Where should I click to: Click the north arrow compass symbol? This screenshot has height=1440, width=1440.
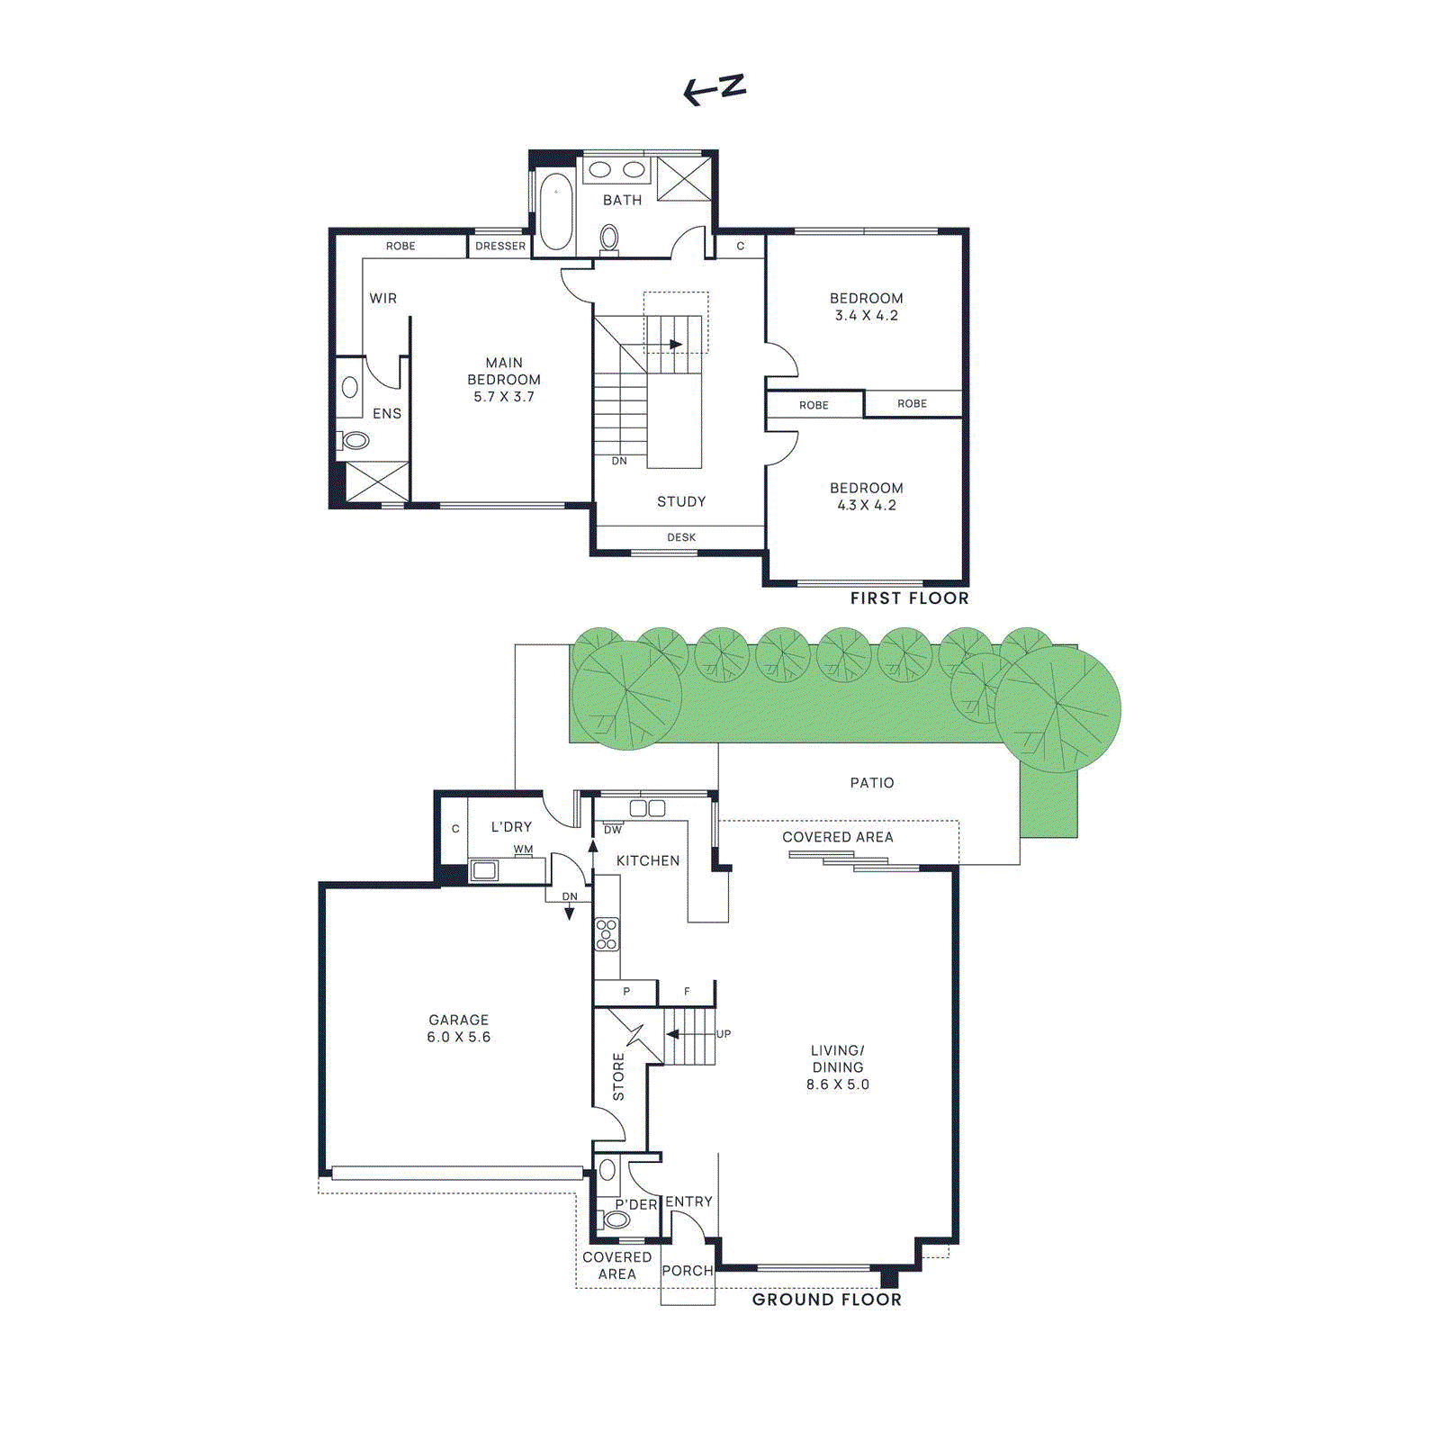715,89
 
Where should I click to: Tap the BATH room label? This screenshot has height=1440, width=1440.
622,200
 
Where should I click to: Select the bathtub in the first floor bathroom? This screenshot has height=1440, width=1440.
555,211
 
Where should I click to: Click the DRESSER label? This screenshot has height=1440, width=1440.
500,246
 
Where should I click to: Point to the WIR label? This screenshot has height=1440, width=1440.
382,298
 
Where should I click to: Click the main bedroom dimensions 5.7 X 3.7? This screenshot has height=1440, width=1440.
504,397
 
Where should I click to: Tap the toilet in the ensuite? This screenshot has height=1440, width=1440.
355,440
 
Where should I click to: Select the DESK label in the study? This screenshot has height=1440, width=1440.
681,537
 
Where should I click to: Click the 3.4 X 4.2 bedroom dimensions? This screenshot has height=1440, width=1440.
866,316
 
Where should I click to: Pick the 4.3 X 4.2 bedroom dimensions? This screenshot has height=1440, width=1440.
866,506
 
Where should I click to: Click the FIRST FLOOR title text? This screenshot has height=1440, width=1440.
909,598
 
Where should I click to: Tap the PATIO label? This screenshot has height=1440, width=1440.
872,783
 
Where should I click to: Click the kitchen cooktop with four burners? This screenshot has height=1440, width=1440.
607,934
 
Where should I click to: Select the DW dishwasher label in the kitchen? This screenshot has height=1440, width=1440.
613,830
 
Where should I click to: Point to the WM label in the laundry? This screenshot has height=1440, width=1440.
523,849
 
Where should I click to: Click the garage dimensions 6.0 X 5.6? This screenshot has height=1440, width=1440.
458,1037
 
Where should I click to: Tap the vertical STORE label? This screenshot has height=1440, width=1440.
618,1076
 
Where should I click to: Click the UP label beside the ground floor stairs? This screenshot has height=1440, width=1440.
724,1034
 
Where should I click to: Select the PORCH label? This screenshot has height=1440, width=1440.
687,1271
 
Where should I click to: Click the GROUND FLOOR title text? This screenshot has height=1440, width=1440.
826,1300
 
